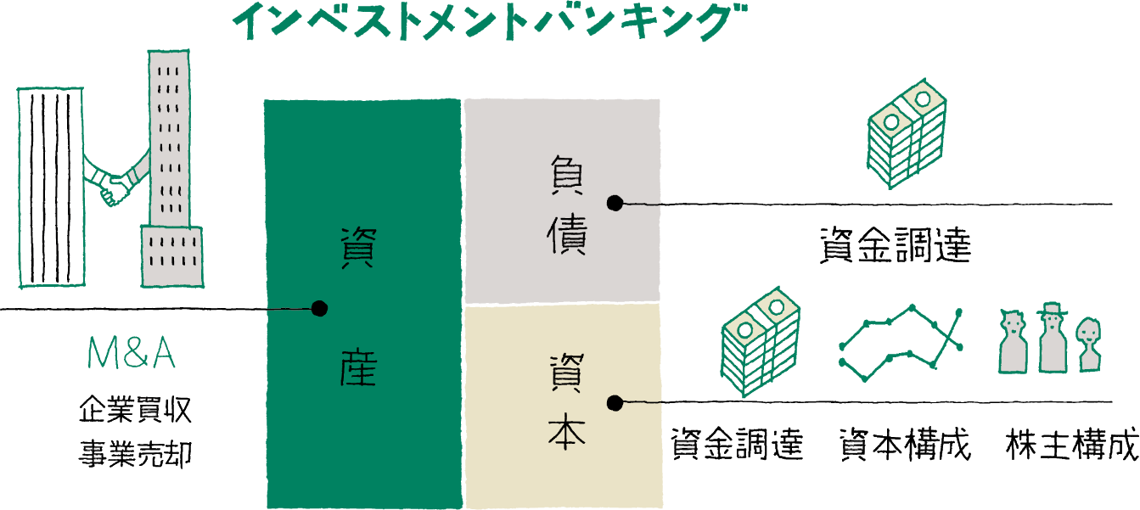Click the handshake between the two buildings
pyautogui.click(x=115, y=186)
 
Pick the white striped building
pyautogui.click(x=51, y=187)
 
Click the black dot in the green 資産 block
pyautogui.click(x=319, y=309)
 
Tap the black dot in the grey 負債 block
pyautogui.click(x=615, y=204)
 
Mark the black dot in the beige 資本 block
pyautogui.click(x=615, y=402)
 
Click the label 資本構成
pyautogui.click(x=904, y=445)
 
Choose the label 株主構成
pyautogui.click(x=1072, y=445)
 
